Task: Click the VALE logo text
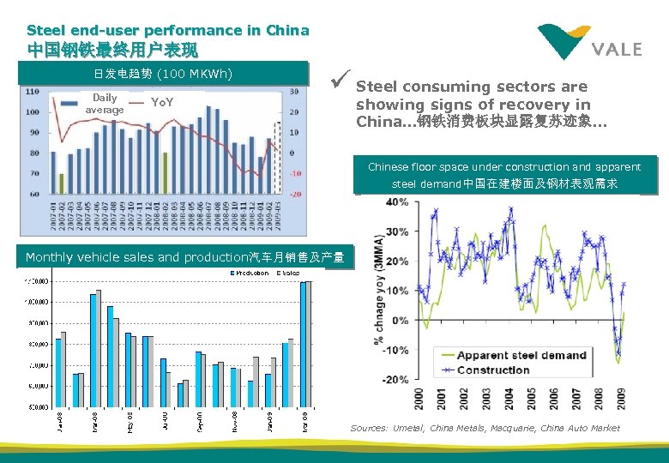pyautogui.click(x=617, y=49)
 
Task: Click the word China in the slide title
pyautogui.click(x=287, y=30)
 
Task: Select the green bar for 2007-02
pyautogui.click(x=62, y=183)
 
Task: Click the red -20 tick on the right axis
pyautogui.click(x=295, y=195)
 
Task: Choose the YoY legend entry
pyautogui.click(x=161, y=103)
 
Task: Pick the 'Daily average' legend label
pyautogui.click(x=105, y=104)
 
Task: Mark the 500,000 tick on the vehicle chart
pyautogui.click(x=35, y=407)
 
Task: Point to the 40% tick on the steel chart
pyautogui.click(x=397, y=202)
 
